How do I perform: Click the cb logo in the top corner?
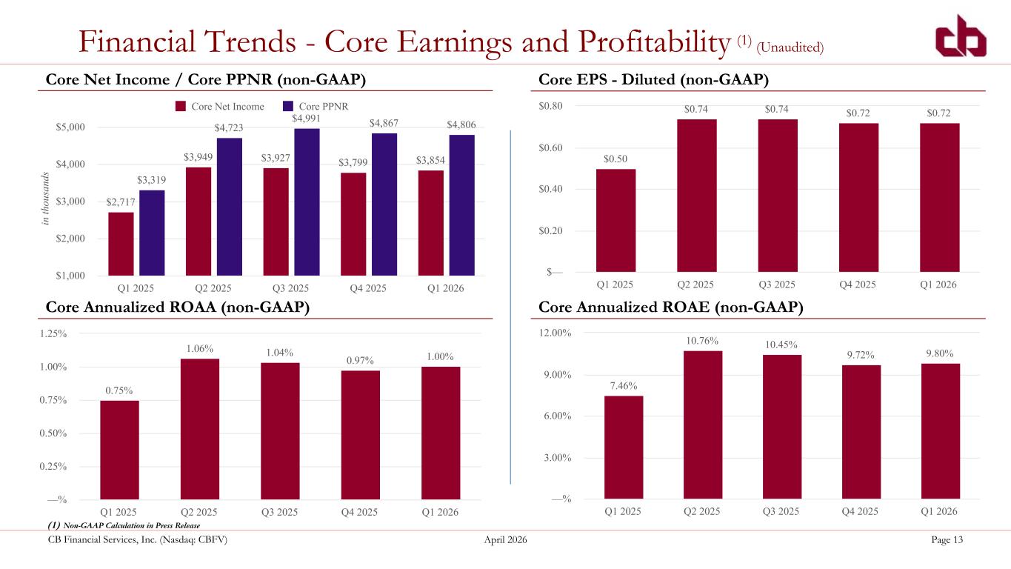[961, 36]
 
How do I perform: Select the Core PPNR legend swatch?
[288, 106]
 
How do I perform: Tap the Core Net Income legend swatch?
[181, 106]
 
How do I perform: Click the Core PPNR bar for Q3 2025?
[307, 202]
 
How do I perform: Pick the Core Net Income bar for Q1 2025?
[121, 244]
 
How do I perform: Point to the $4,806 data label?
[461, 124]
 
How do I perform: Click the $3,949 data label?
[198, 157]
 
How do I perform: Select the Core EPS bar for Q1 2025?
[615, 220]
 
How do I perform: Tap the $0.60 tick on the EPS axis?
[550, 147]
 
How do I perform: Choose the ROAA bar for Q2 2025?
[200, 429]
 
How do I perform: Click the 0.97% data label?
[360, 360]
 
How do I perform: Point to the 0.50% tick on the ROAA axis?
[53, 433]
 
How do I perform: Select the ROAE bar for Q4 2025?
[861, 432]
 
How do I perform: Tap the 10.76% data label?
[702, 341]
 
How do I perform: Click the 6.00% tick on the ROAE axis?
[558, 416]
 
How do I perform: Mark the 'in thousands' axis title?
[44, 199]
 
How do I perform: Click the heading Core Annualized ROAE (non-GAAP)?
[671, 307]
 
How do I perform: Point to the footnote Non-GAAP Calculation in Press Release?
[132, 525]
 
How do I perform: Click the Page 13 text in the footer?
[947, 539]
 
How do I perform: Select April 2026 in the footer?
[505, 540]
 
